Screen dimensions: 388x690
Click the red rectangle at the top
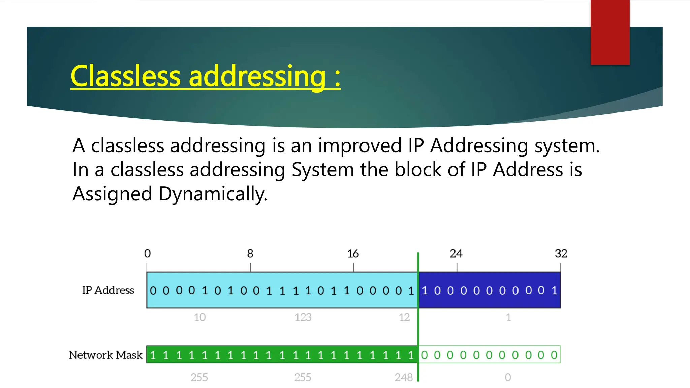[610, 32]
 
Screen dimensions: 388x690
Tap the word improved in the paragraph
[359, 146]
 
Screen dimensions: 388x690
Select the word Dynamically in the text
[213, 194]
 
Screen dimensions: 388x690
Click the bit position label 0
[147, 254]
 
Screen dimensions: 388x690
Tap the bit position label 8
[250, 254]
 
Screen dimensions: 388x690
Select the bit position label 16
[353, 254]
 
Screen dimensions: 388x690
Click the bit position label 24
[456, 254]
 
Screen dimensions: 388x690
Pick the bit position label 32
[561, 254]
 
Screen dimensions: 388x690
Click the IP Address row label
[108, 290]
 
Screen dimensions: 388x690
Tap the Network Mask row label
[106, 355]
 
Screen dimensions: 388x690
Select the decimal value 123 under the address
[303, 317]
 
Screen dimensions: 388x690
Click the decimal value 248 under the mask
[404, 377]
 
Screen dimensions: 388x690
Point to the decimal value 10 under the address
[200, 317]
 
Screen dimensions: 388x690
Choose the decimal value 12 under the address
[404, 317]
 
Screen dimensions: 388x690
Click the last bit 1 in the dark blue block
[554, 290]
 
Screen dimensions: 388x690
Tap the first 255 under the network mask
[199, 377]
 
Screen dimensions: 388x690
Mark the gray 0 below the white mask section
[508, 377]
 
